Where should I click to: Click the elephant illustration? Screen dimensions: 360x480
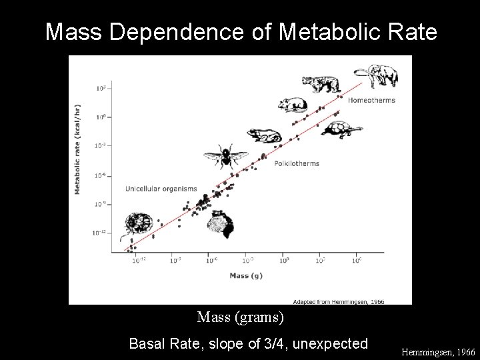pyautogui.click(x=376, y=76)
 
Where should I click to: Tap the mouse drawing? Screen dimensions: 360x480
pyautogui.click(x=293, y=105)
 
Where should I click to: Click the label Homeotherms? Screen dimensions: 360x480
pyautogui.click(x=371, y=101)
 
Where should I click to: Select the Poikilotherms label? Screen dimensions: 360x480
pyautogui.click(x=296, y=163)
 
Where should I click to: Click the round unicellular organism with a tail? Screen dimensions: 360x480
pyautogui.click(x=138, y=224)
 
